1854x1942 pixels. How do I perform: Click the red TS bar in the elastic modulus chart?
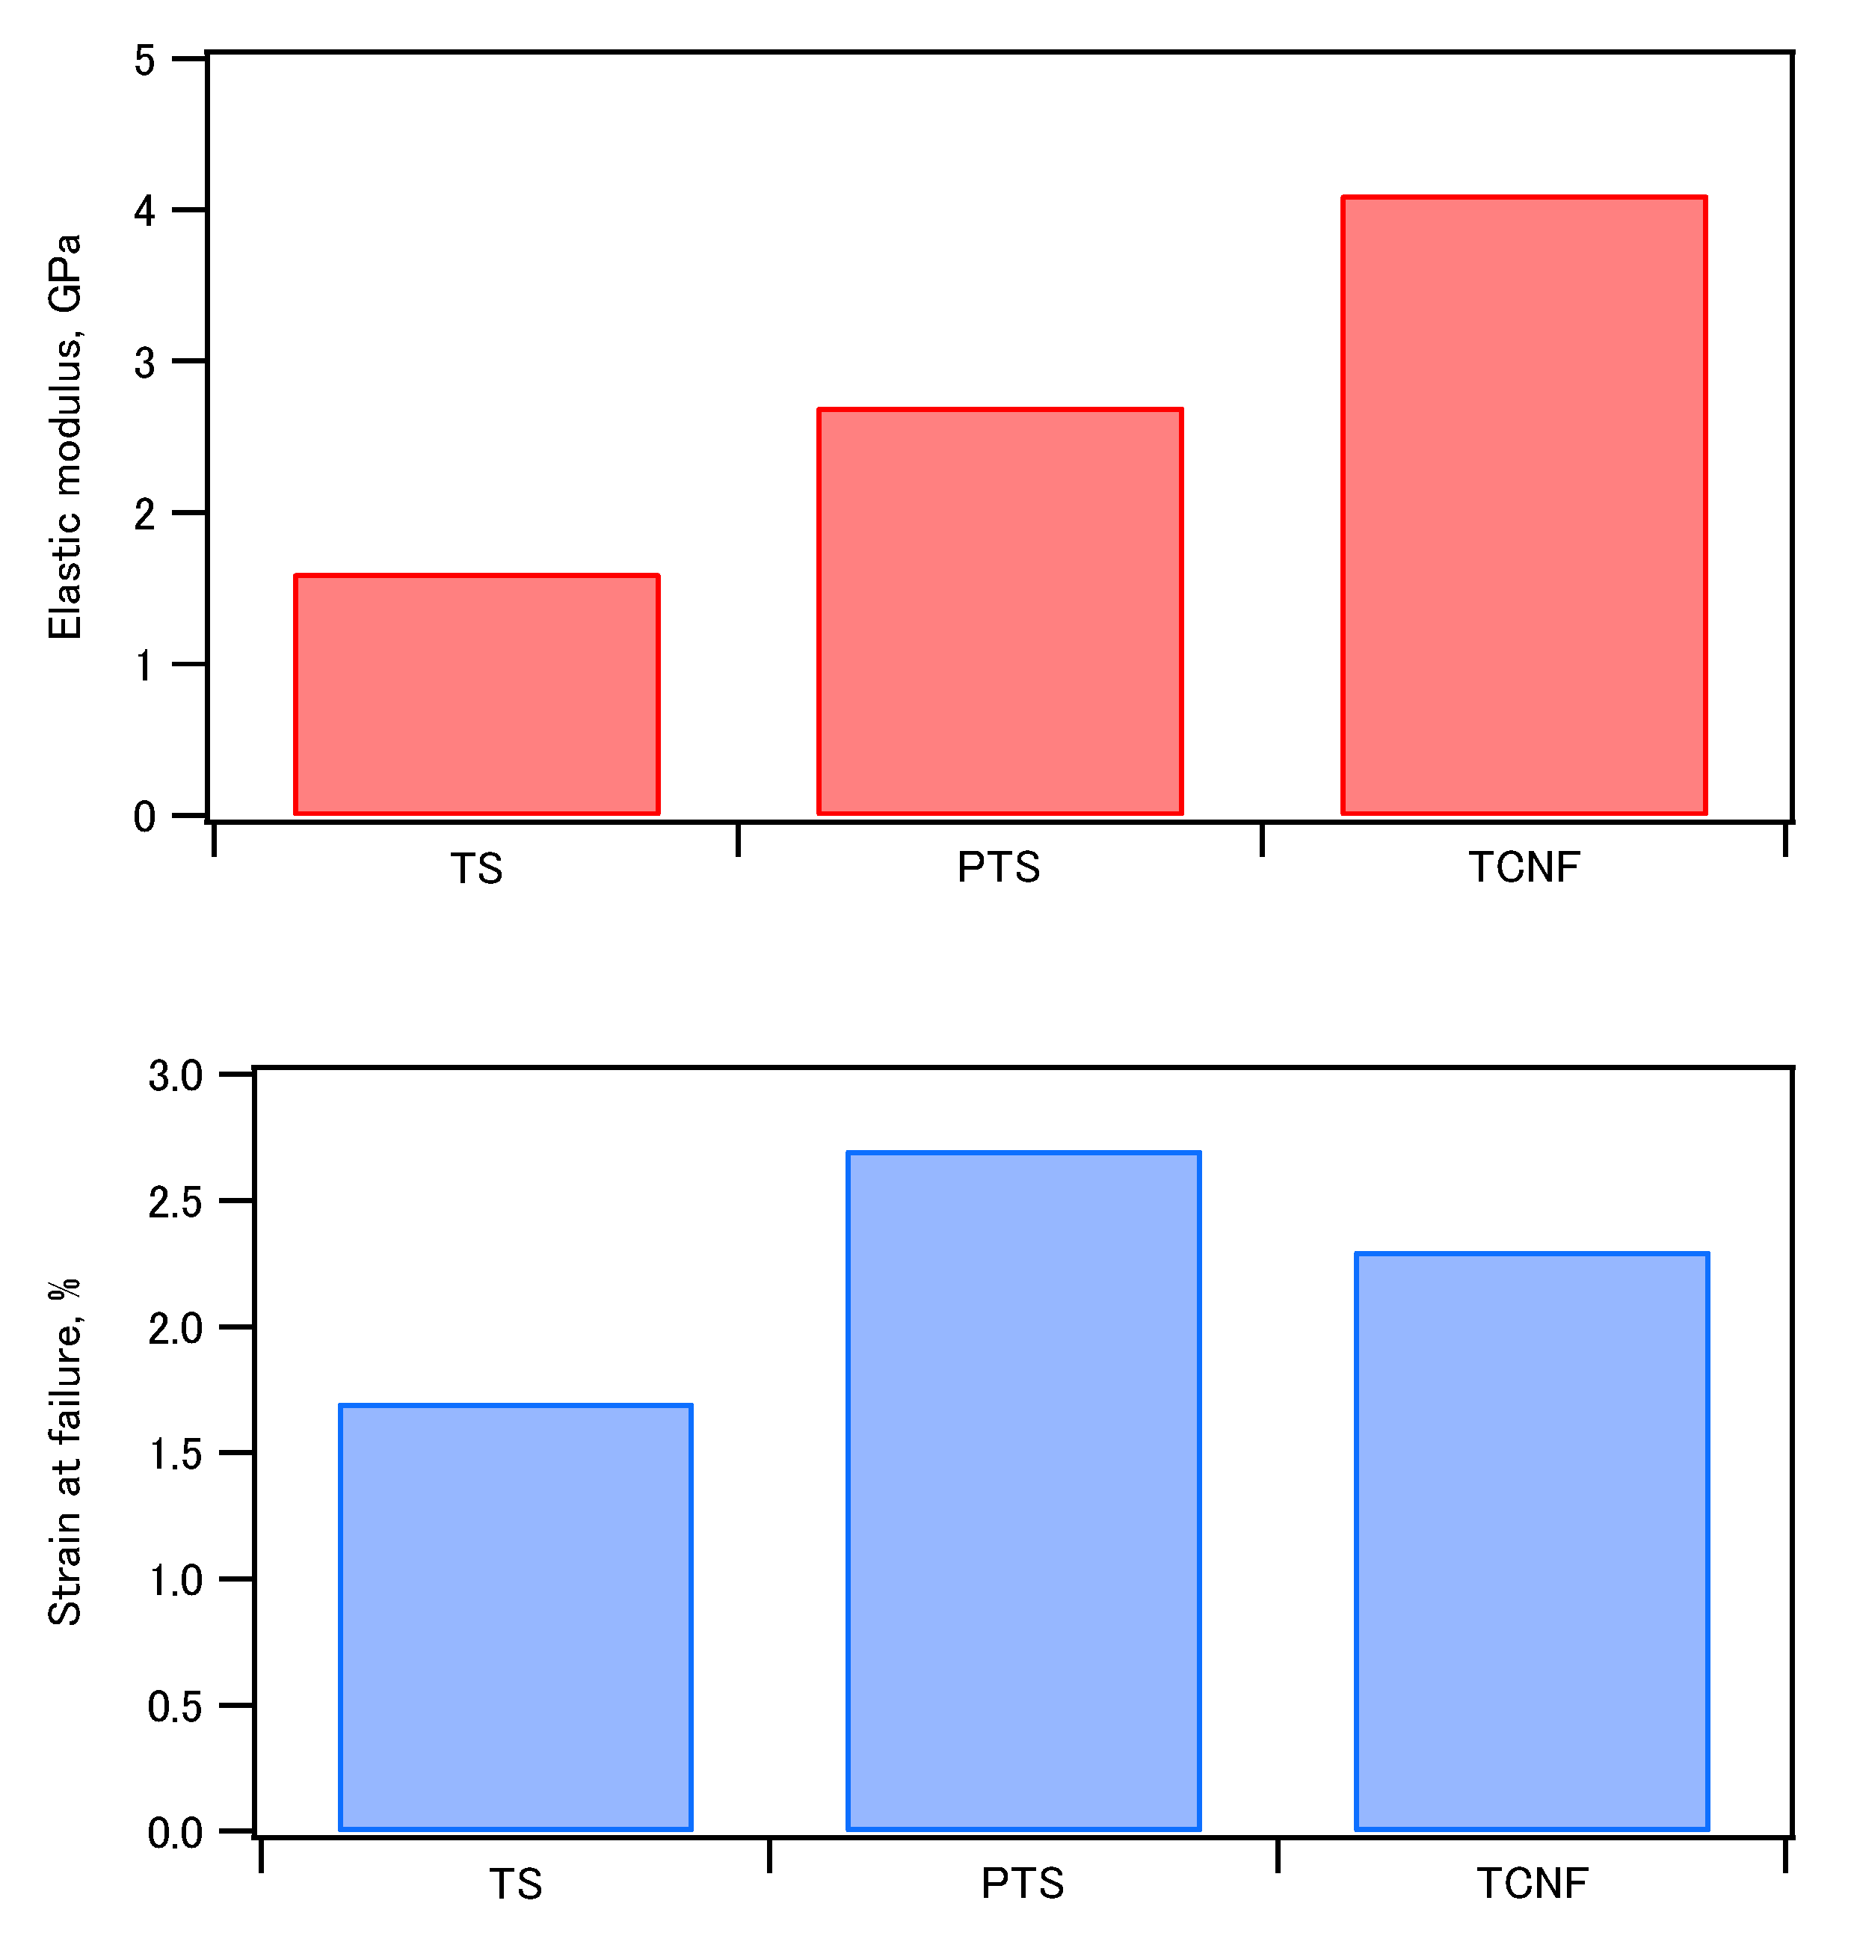[x=476, y=695]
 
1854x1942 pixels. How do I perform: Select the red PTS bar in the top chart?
[x=1000, y=612]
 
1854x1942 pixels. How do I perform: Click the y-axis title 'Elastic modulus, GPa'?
[x=65, y=437]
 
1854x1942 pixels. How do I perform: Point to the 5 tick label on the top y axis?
[x=144, y=61]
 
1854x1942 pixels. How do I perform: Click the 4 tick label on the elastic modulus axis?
[x=144, y=212]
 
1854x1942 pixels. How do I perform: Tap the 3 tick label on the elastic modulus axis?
[x=144, y=363]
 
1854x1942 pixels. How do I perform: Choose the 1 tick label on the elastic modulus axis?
[x=144, y=665]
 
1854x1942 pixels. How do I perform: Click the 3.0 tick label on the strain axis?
[x=175, y=1075]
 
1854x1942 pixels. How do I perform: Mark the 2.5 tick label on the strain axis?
[x=175, y=1202]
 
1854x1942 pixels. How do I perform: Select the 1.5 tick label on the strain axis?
[x=175, y=1454]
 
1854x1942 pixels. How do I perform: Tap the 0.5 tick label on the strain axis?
[x=175, y=1706]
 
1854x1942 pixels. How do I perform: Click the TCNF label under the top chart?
[x=1524, y=867]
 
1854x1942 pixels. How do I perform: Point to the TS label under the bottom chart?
[x=515, y=1884]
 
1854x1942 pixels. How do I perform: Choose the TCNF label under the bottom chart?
[x=1532, y=1884]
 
